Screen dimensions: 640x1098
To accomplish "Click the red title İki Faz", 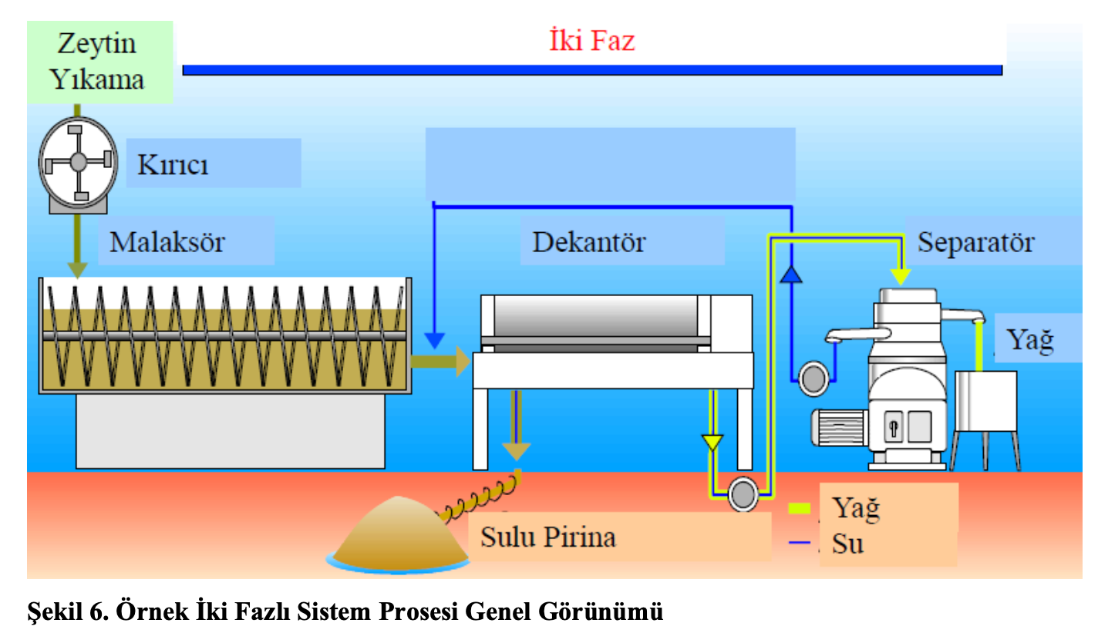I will [x=592, y=40].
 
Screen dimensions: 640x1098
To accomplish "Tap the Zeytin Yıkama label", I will [x=98, y=61].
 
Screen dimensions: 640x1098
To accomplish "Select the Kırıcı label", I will [x=173, y=164].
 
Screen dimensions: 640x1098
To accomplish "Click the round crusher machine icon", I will [x=78, y=161].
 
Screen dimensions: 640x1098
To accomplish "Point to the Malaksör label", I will [x=167, y=242].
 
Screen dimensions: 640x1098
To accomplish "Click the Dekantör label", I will [x=588, y=242].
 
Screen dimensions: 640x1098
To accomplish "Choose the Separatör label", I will [x=975, y=243].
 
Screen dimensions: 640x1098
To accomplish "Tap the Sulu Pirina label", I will [x=548, y=537].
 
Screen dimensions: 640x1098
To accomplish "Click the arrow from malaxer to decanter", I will [x=440, y=361].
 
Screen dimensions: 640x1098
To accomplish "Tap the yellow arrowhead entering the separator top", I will [x=900, y=275].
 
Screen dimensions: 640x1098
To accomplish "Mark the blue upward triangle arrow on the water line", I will [x=791, y=271].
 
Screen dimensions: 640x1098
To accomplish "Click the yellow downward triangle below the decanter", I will [x=712, y=443].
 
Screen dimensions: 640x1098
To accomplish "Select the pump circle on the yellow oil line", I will [x=743, y=494].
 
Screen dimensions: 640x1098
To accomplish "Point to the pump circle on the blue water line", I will [x=813, y=378].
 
